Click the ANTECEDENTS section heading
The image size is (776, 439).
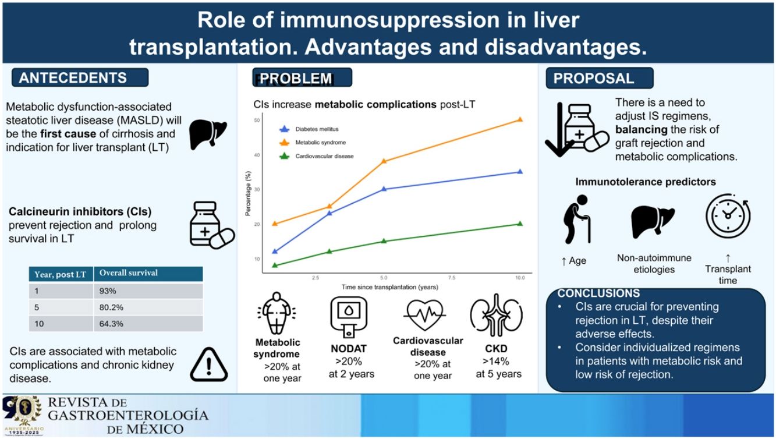coord(73,78)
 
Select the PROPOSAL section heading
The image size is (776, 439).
coord(594,79)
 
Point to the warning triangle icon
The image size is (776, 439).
coord(208,364)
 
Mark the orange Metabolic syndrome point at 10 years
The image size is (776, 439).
coord(520,119)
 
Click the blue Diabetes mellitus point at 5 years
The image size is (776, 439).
coord(384,189)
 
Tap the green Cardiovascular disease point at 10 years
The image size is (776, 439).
coord(520,224)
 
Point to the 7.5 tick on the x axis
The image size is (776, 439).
coord(452,278)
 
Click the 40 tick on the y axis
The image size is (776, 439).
coord(257,154)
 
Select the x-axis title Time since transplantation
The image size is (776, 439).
coord(389,287)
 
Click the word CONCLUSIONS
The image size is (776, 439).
coord(598,294)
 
